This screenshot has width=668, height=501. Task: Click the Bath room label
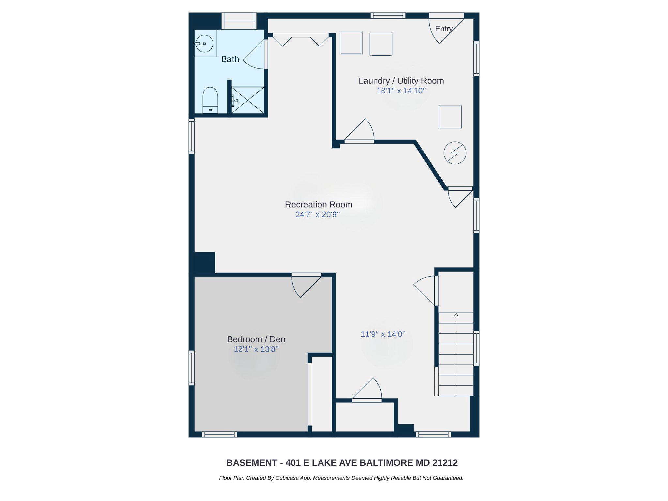pyautogui.click(x=230, y=59)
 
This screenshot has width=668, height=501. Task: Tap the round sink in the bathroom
pyautogui.click(x=205, y=43)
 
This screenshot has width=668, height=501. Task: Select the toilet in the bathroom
pyautogui.click(x=210, y=99)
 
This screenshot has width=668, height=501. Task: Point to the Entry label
pyautogui.click(x=444, y=29)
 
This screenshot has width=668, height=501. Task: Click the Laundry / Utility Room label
pyautogui.click(x=401, y=81)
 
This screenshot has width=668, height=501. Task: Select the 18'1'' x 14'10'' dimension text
pyautogui.click(x=401, y=91)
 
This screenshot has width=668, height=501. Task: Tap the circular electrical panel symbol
pyautogui.click(x=455, y=153)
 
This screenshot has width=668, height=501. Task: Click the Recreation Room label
pyautogui.click(x=319, y=205)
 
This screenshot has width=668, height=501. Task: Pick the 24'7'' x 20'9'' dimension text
pyautogui.click(x=318, y=215)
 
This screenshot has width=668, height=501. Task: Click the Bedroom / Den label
pyautogui.click(x=256, y=339)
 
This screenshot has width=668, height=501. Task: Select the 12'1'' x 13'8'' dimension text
pyautogui.click(x=256, y=349)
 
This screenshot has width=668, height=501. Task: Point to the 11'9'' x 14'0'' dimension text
pyautogui.click(x=383, y=334)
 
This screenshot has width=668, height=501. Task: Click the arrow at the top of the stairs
pyautogui.click(x=456, y=315)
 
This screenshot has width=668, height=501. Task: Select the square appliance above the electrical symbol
pyautogui.click(x=450, y=117)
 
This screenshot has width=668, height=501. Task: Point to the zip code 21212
pyautogui.click(x=445, y=463)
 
